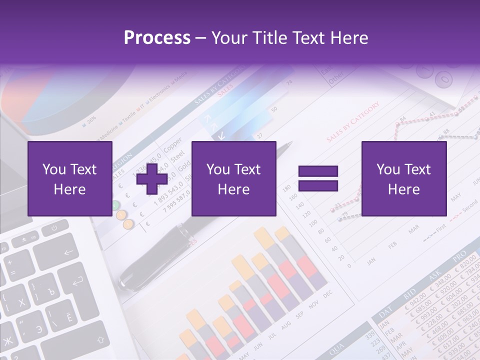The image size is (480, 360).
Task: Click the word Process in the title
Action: (157, 38)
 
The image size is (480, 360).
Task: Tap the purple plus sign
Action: (152, 178)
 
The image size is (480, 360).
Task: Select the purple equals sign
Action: (318, 178)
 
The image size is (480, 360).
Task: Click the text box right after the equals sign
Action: (403, 178)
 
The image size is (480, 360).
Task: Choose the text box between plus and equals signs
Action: (233, 178)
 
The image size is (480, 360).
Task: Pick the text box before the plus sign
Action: (69, 178)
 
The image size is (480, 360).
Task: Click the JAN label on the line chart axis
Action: (371, 261)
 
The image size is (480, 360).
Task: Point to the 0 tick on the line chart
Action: (348, 265)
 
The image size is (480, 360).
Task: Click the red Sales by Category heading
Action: (353, 123)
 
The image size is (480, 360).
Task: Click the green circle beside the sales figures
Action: (115, 204)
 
